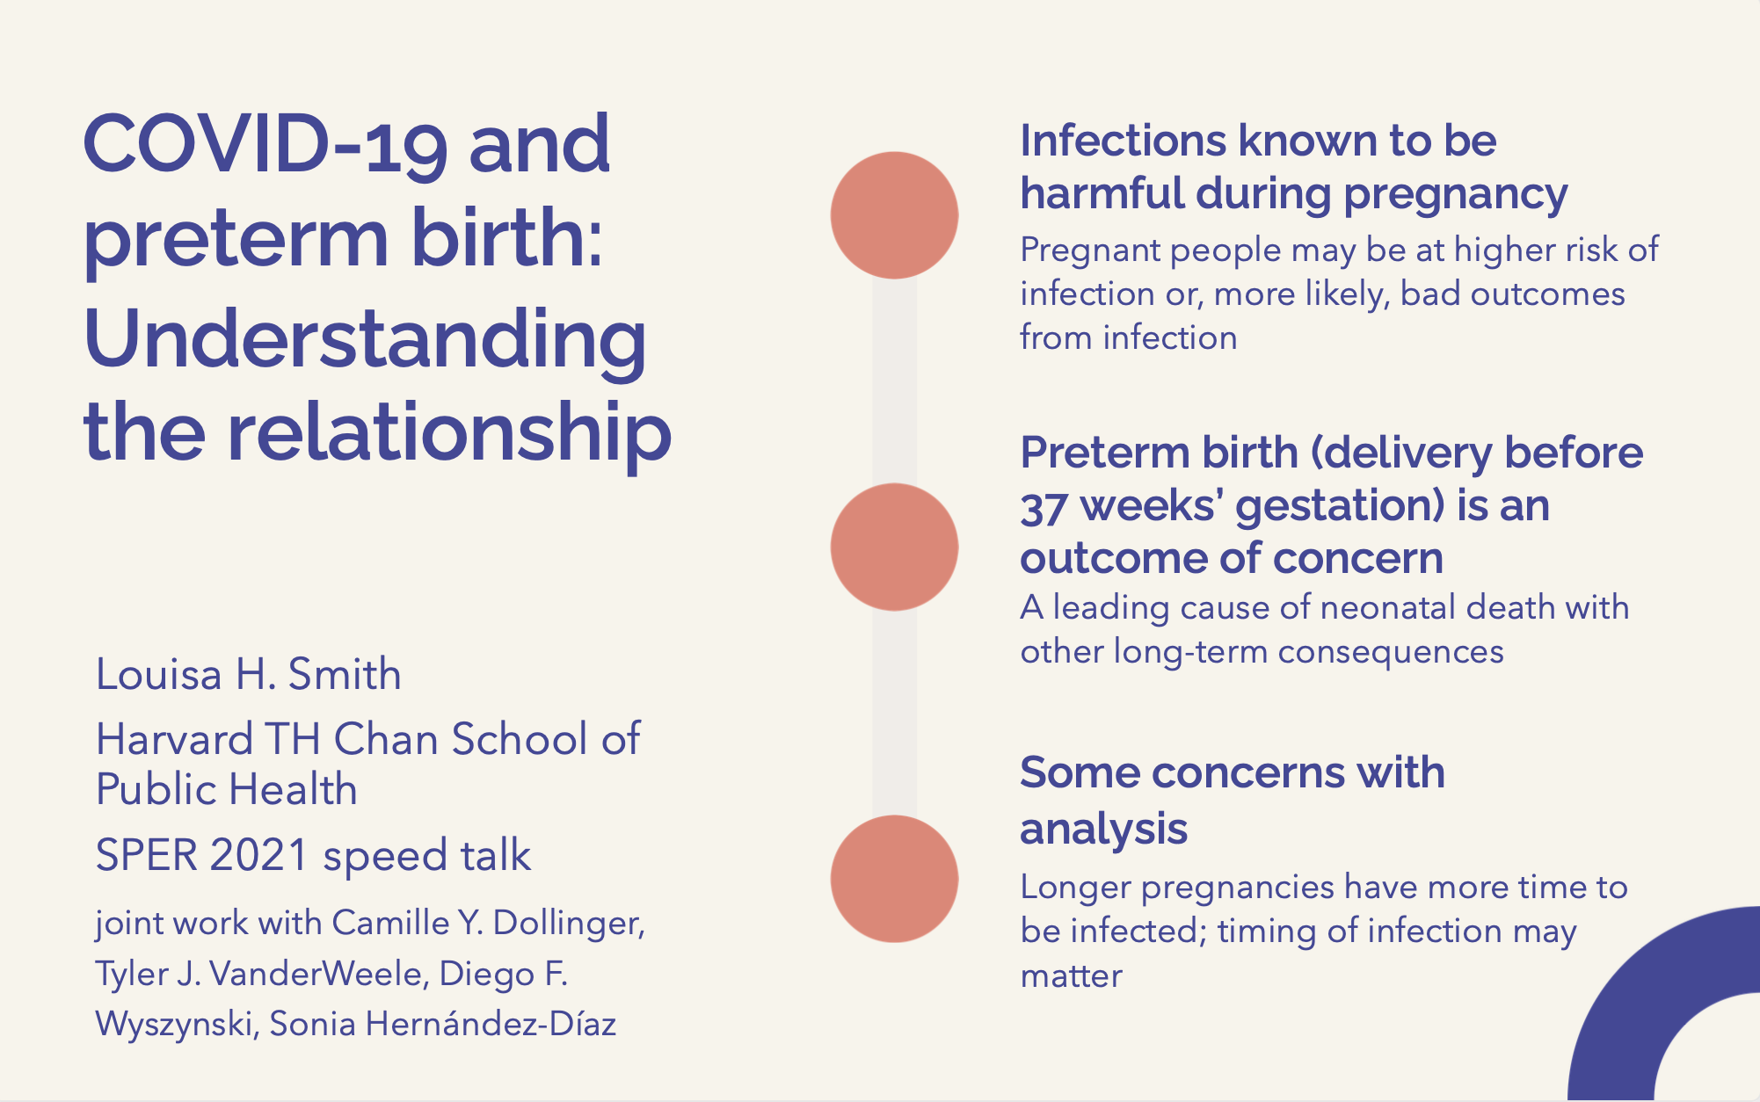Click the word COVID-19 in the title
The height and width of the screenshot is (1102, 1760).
pyautogui.click(x=265, y=144)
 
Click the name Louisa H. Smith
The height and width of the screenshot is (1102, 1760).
pyautogui.click(x=249, y=675)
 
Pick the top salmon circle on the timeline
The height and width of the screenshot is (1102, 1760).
pyautogui.click(x=894, y=215)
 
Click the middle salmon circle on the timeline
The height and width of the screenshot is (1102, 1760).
pyautogui.click(x=894, y=547)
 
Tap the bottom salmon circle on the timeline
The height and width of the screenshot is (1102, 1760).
pyautogui.click(x=894, y=879)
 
